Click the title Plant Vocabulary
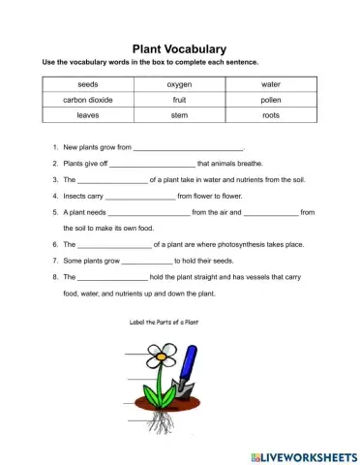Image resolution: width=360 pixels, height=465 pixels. coord(179,48)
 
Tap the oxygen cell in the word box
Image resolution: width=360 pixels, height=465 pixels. coord(179,84)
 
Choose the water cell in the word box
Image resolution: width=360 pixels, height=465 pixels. coord(271,84)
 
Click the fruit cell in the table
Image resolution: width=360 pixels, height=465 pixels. coord(179,100)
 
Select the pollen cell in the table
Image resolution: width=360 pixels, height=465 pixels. coord(271,100)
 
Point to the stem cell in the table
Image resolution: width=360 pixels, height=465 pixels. coord(179,115)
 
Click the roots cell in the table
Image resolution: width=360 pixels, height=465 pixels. coord(271,115)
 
